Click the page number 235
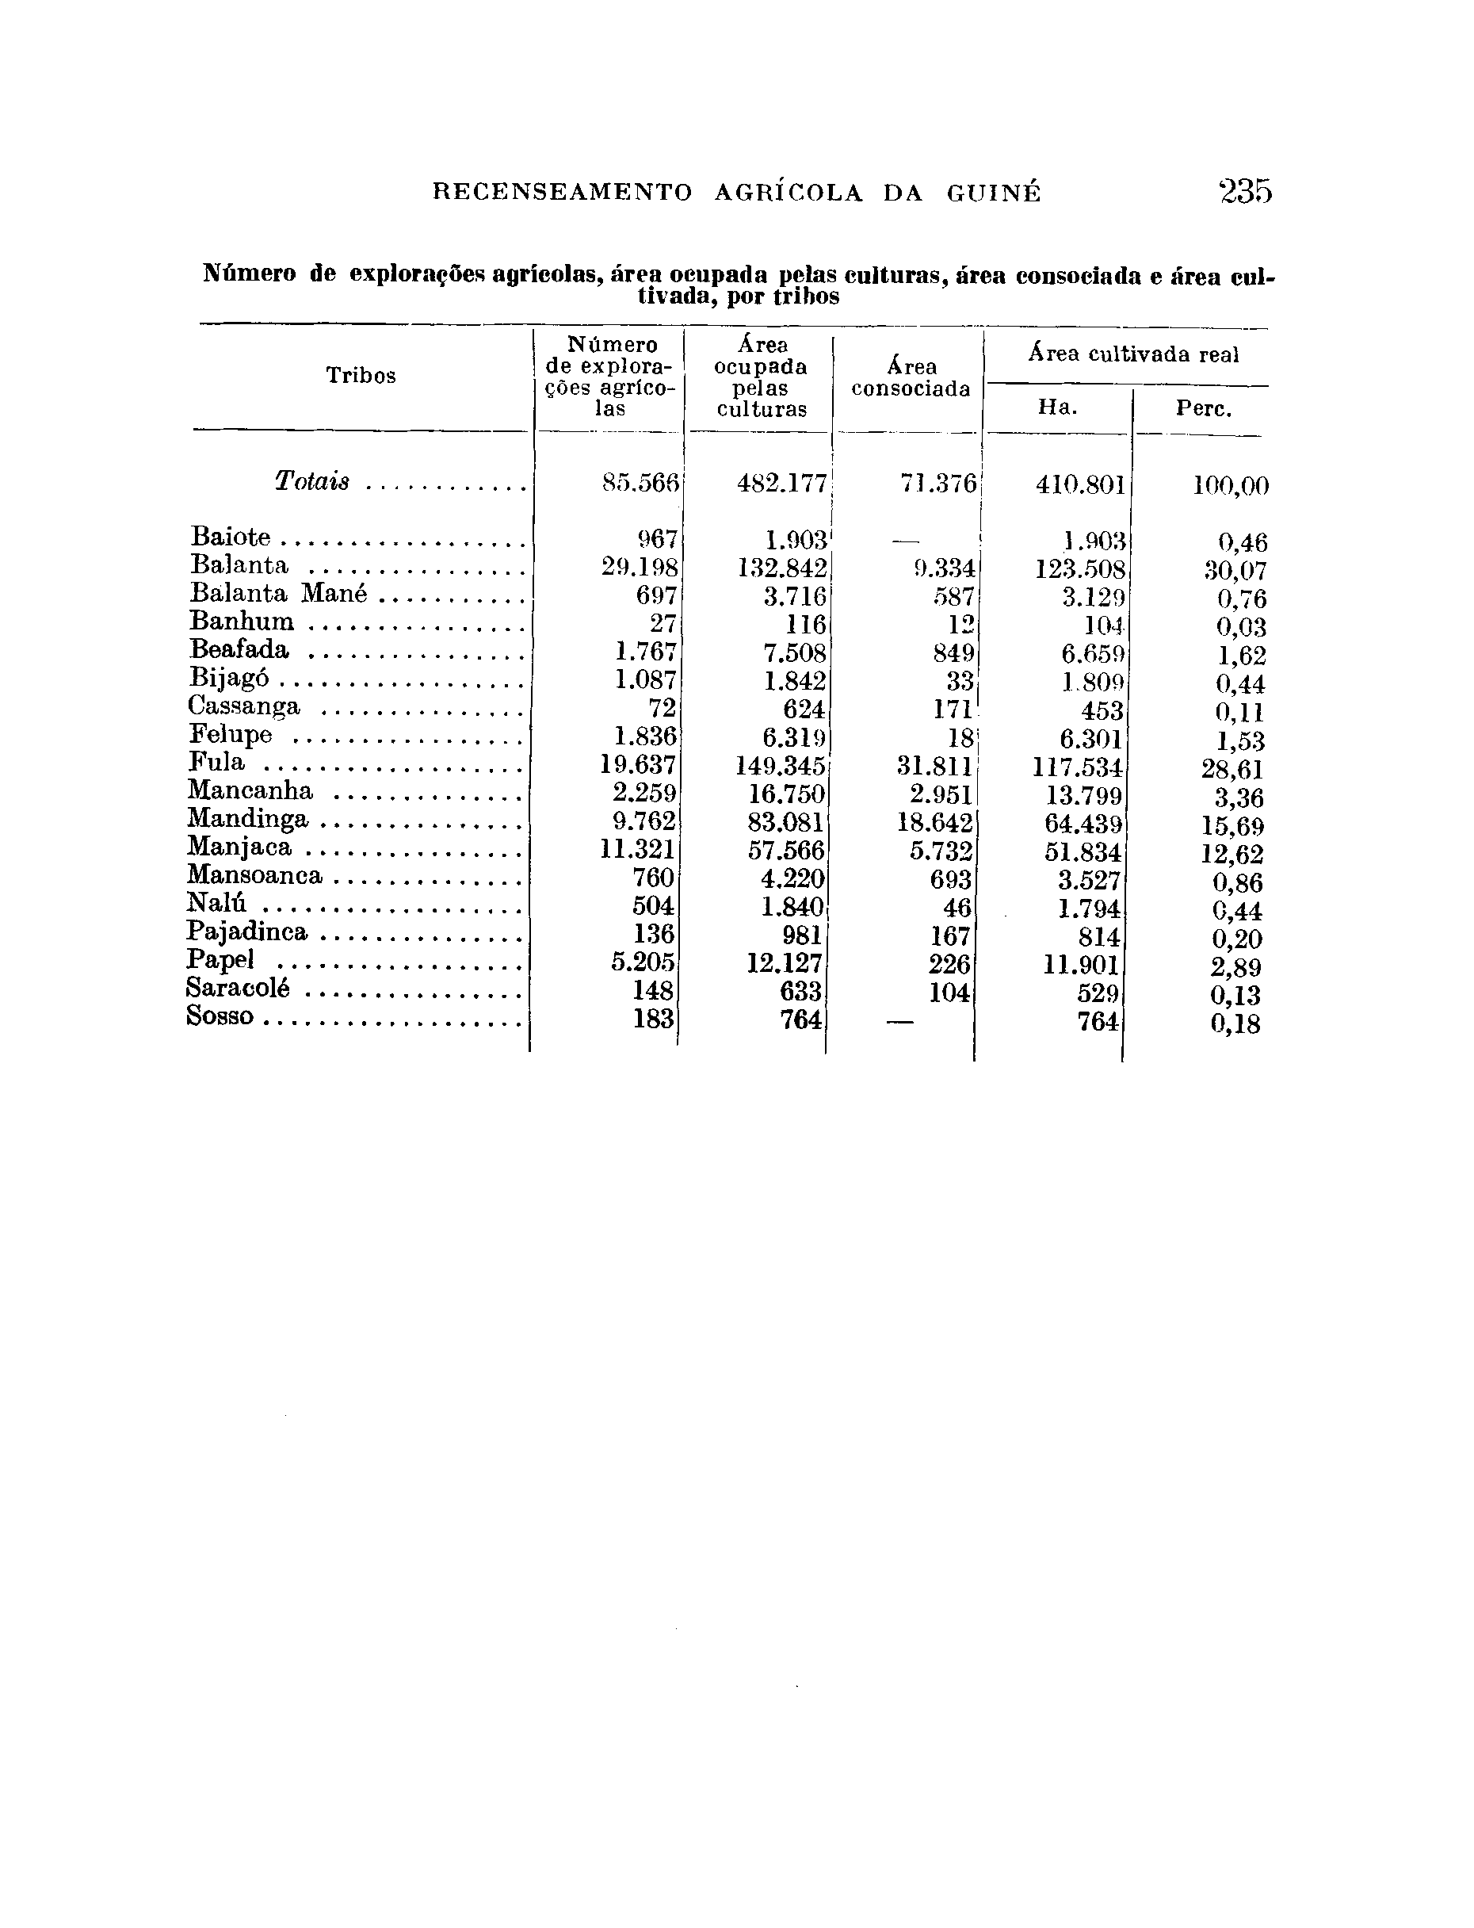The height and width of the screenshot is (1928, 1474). click(1245, 190)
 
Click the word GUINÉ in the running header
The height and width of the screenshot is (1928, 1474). click(993, 193)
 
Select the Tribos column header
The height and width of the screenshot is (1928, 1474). click(361, 376)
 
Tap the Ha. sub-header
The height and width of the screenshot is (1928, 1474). click(1057, 407)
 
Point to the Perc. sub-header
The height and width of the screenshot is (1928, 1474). click(1204, 409)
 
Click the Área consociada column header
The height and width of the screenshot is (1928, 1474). click(911, 378)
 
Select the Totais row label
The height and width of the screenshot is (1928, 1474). click(312, 482)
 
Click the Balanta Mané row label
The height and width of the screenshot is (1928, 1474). click(277, 594)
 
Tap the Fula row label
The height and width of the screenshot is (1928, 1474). click(216, 762)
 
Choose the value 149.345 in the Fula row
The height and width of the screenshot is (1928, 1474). click(781, 767)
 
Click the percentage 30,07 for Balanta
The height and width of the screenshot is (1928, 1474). click(1235, 572)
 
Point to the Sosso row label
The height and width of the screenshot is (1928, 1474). click(220, 1016)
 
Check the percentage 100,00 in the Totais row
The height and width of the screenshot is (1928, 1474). click(1231, 486)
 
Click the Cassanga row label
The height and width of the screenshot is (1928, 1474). click(244, 706)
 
